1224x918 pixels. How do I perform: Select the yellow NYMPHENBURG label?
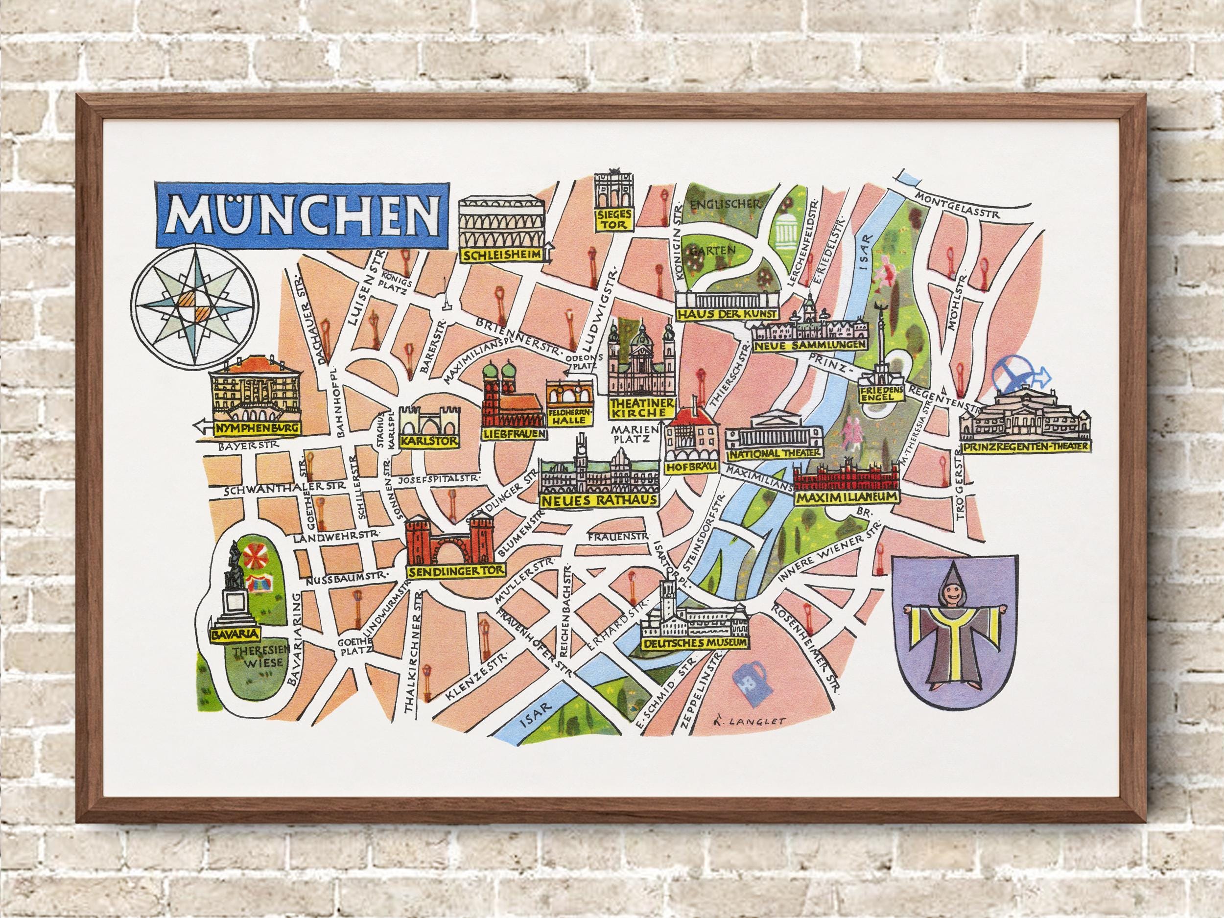point(259,428)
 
